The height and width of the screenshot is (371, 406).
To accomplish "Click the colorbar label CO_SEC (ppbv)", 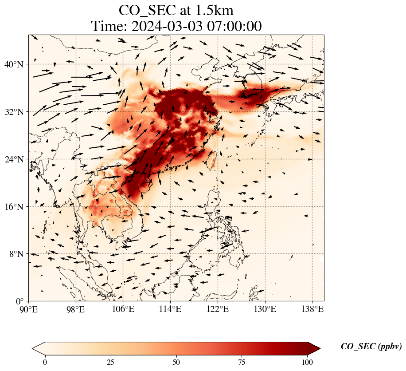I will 371,347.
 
